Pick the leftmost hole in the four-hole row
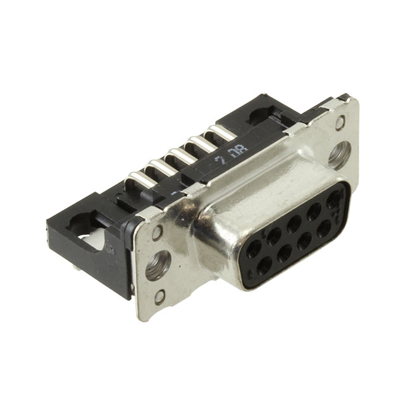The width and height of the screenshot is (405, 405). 265,265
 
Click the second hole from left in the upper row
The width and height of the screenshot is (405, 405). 275,236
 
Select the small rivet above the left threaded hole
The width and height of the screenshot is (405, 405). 157,233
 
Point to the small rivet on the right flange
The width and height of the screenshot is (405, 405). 340,123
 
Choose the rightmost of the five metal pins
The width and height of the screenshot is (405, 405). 221,132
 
